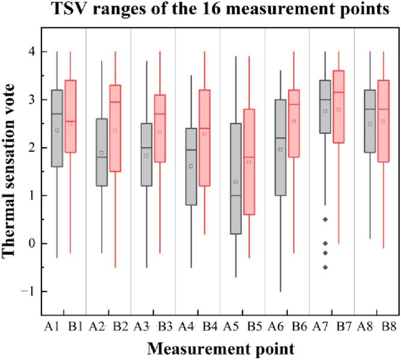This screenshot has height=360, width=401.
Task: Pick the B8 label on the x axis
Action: (x=388, y=326)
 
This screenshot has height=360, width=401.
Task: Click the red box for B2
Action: (x=115, y=128)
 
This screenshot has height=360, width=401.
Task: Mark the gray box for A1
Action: (x=57, y=128)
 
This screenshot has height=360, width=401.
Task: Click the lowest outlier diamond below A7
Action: (x=325, y=267)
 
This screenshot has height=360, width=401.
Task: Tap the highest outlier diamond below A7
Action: (x=325, y=220)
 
